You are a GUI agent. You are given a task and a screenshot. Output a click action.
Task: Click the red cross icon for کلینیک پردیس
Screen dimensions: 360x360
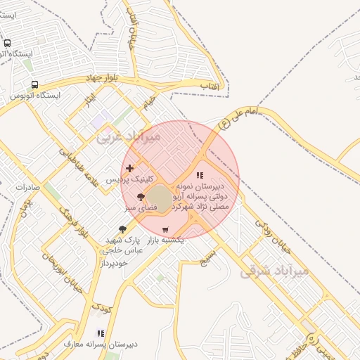129,168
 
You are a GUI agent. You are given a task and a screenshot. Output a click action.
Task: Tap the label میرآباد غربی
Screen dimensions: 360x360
129,136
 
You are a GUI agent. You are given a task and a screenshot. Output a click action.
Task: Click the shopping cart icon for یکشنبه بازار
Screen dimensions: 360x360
165,230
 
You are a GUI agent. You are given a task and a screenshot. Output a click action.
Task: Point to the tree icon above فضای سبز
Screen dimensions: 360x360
141,197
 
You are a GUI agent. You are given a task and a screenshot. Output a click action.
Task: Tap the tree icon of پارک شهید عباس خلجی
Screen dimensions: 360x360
123,229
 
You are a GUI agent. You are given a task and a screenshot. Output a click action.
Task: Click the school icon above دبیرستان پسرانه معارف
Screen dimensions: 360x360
101,333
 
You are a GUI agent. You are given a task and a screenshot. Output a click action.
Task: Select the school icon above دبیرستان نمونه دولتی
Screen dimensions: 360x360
200,175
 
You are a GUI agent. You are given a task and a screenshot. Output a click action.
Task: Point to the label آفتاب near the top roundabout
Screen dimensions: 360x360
210,86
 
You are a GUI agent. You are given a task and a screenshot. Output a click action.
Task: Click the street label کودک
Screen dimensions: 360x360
101,307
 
